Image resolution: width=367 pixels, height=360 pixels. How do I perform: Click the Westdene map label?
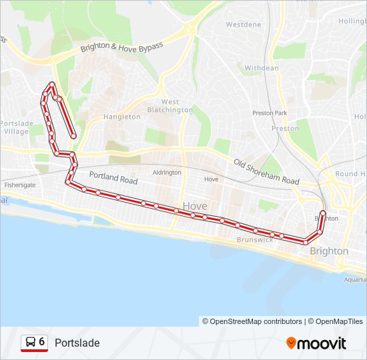click(x=244, y=25)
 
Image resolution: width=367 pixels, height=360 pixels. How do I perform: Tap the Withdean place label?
click(x=262, y=68)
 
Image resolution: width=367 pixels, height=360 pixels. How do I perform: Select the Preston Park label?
click(x=270, y=113)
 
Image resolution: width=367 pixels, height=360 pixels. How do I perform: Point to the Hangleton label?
click(x=122, y=117)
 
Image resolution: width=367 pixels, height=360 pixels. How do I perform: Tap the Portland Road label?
click(x=113, y=179)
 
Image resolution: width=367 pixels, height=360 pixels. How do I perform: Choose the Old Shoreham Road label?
click(x=267, y=172)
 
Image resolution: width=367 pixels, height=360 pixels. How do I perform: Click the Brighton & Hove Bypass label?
click(x=121, y=47)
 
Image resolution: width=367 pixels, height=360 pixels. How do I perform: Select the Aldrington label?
click(x=167, y=173)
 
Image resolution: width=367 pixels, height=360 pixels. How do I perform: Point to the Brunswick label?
click(x=254, y=239)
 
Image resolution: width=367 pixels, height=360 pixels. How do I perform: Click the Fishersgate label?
click(x=19, y=184)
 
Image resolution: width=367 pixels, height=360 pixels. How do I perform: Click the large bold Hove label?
click(x=195, y=206)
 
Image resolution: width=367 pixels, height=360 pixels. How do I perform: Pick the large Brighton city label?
click(x=329, y=251)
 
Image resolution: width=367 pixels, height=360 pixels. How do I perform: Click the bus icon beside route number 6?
click(x=30, y=343)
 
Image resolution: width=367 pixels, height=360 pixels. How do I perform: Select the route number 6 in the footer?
click(x=42, y=342)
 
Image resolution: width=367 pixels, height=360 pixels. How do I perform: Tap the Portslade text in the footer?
click(x=77, y=343)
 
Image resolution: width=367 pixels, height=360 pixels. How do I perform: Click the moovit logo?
click(x=316, y=343)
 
